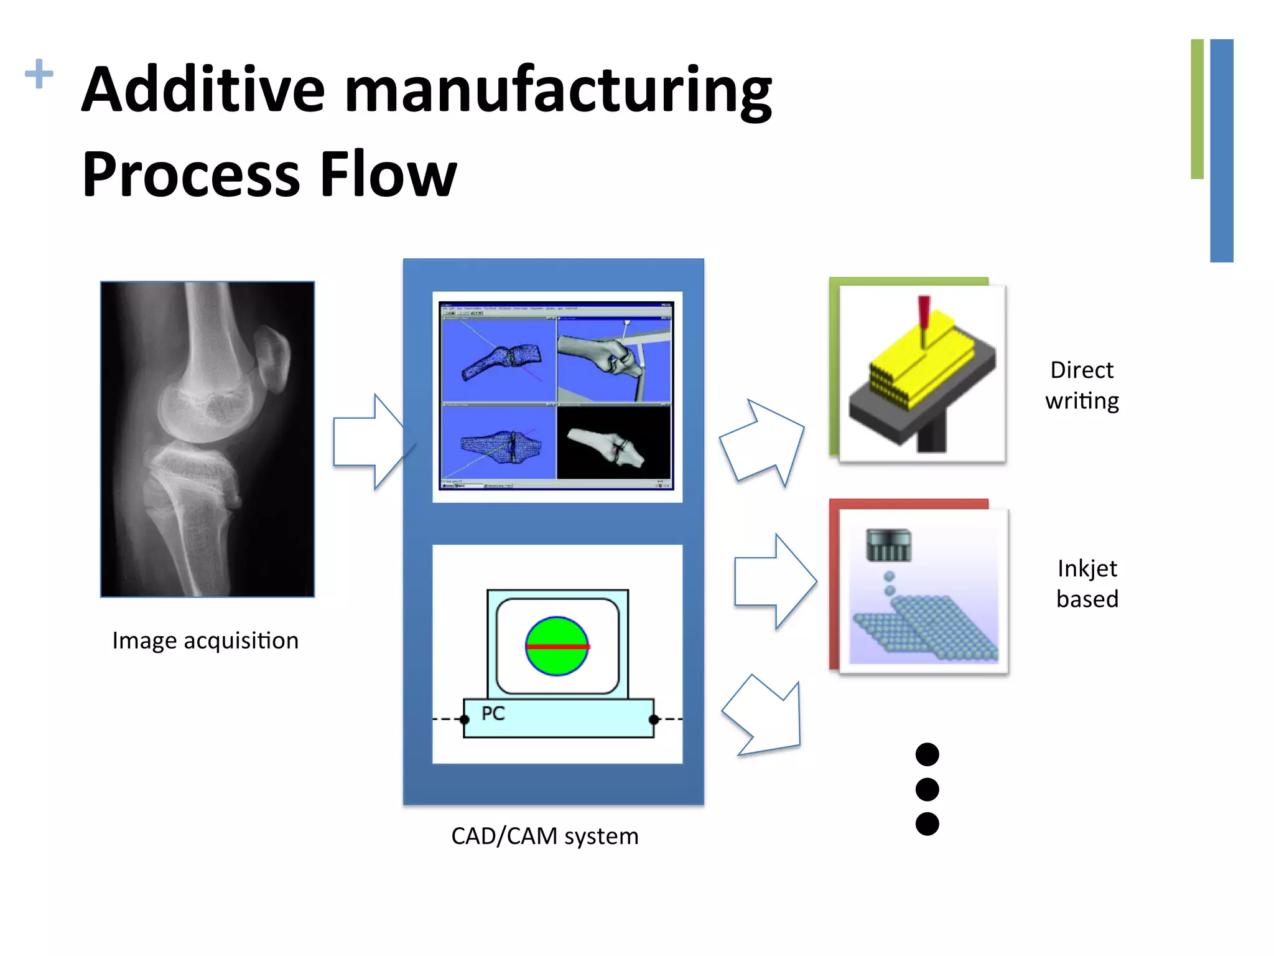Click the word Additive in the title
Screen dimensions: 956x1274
(x=203, y=90)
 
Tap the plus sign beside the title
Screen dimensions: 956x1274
(x=39, y=73)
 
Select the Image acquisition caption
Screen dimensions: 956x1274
(x=205, y=640)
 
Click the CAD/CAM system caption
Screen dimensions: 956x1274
(x=544, y=836)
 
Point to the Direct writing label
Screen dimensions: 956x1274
(x=1082, y=385)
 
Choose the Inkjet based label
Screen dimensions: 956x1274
(x=1087, y=583)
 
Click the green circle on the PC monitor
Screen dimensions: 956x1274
(x=557, y=646)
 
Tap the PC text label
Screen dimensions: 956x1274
(x=493, y=713)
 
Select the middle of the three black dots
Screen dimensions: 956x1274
(x=927, y=789)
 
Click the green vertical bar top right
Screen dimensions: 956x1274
(x=1197, y=110)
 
